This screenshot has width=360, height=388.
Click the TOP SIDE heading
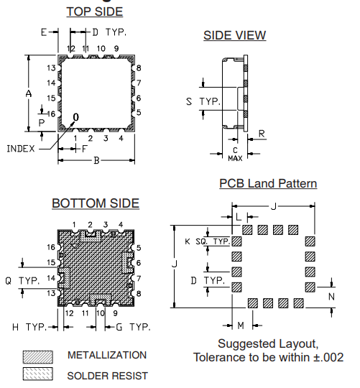click(94, 12)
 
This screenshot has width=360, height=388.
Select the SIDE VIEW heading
click(234, 36)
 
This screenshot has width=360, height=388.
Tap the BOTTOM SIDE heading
click(96, 204)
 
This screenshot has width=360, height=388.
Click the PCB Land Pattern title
click(268, 184)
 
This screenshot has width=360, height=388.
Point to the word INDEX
click(21, 149)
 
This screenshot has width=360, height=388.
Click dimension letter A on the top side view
click(28, 94)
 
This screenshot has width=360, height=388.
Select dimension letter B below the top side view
click(96, 160)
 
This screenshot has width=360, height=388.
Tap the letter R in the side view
click(262, 134)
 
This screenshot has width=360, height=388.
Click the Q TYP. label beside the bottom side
click(23, 280)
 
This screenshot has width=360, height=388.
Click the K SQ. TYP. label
click(207, 242)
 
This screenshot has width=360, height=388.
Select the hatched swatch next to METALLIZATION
click(39, 356)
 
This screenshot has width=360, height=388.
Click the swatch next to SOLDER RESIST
click(39, 374)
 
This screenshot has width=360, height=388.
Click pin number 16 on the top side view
click(51, 114)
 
